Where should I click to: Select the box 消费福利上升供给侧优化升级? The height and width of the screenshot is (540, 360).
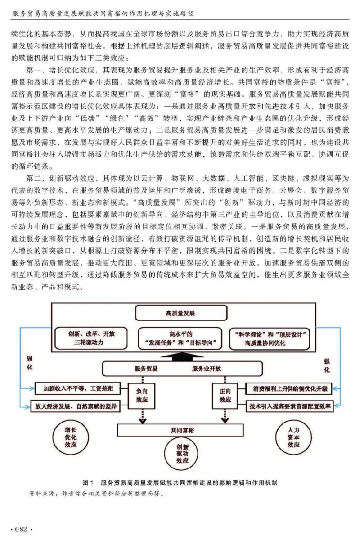(x=289, y=387)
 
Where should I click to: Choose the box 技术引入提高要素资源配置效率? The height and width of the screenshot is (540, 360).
(x=289, y=406)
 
